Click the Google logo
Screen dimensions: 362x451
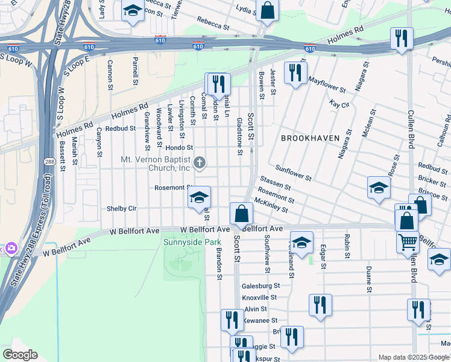point(20,355)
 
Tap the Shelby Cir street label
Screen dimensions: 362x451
point(122,209)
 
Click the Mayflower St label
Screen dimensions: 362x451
point(326,84)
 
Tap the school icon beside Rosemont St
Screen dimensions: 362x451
point(199,198)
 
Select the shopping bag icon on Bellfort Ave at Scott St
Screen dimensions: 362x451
point(241,214)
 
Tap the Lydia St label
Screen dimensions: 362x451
point(244,10)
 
